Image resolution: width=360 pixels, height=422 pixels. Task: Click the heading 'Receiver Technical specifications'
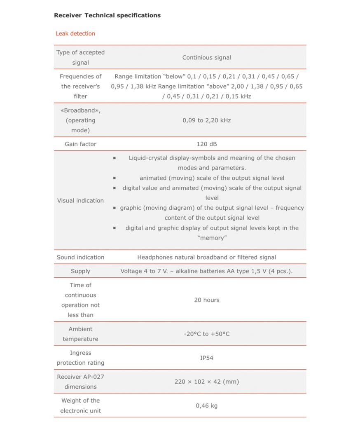107,15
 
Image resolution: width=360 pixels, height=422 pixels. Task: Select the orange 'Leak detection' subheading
75,33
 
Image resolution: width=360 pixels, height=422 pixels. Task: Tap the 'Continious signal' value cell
206,58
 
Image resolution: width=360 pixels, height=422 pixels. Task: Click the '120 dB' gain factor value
206,144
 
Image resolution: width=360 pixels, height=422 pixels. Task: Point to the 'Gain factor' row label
80,144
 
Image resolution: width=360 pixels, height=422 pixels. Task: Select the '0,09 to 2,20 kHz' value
206,120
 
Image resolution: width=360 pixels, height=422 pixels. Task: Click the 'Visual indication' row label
80,201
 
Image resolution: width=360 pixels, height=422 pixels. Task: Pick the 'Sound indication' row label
80,257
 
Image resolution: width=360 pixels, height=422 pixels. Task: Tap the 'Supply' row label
80,271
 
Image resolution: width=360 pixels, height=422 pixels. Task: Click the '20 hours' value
206,300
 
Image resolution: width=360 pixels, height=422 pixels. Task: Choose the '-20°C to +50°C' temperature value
206,334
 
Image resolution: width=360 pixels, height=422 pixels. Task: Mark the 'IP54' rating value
206,358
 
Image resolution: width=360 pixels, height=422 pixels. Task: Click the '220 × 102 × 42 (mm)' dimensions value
206,382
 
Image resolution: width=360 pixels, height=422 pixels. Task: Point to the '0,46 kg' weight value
206,406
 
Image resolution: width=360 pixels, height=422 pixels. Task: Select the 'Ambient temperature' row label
80,334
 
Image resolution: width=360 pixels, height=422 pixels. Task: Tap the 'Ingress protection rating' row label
80,358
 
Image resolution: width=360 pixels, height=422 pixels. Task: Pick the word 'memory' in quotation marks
212,238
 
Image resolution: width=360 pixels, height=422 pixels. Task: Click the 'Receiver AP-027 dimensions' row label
80,382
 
